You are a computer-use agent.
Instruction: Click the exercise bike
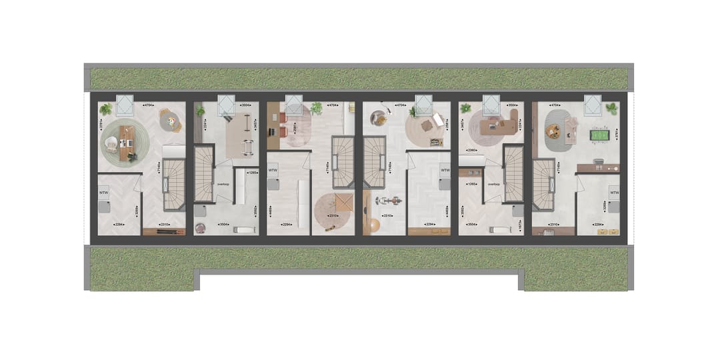tap(387, 199)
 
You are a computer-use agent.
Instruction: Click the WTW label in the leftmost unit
tap(104, 193)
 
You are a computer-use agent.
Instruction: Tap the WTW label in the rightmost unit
tap(613, 193)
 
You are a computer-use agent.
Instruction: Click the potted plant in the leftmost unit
tap(105, 109)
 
